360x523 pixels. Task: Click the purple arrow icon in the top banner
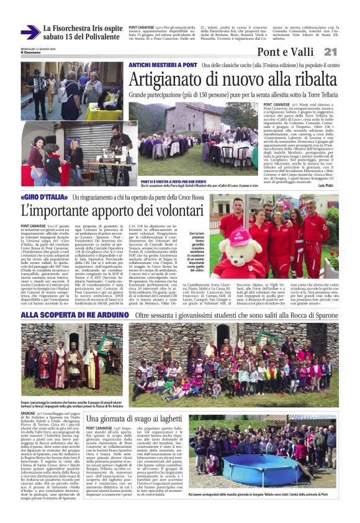pos(29,32)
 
